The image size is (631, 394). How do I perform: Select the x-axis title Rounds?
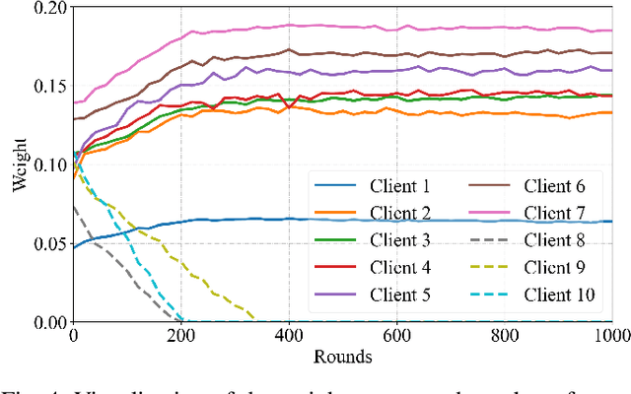[x=343, y=357]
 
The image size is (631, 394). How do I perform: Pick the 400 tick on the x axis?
[x=289, y=336]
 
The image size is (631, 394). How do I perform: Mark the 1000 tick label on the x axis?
[x=609, y=336]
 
